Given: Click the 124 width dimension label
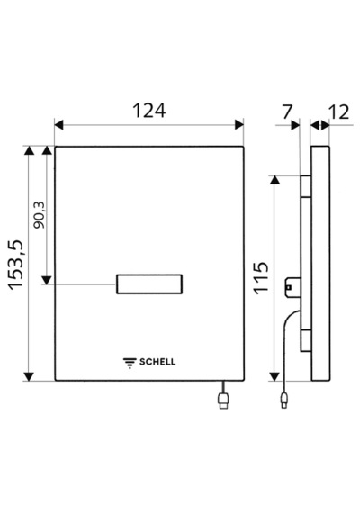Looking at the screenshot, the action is click(x=148, y=111).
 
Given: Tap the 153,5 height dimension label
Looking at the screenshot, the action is click(x=16, y=265).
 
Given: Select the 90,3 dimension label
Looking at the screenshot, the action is click(x=40, y=215).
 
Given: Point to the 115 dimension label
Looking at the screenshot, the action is click(x=262, y=278).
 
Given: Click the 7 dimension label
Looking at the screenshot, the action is click(x=287, y=112).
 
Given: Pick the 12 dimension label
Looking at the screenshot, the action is click(x=339, y=112).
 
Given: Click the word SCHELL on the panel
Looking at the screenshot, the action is click(x=157, y=362).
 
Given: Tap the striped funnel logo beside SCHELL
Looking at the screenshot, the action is click(x=130, y=363).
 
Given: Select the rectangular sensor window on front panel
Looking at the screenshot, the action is click(x=149, y=284).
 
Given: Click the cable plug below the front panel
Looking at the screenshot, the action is click(x=223, y=400).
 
